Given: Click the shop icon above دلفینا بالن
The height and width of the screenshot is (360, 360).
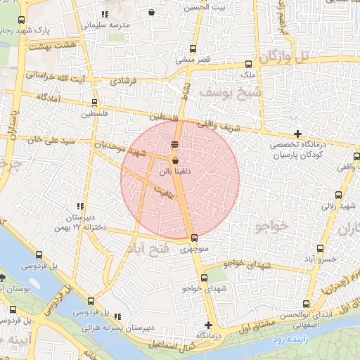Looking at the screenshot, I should click(174, 161).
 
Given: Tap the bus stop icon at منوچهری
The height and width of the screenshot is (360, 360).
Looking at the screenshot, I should click(194, 238).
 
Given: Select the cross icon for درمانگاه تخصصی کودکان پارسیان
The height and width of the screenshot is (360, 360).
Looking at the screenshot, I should click(298, 134).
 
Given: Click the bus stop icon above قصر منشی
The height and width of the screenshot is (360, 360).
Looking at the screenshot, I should click(194, 49).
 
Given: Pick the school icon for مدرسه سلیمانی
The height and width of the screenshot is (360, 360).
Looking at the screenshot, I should click(105, 14).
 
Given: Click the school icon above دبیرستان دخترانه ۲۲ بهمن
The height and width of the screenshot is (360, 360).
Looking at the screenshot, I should click(79, 206).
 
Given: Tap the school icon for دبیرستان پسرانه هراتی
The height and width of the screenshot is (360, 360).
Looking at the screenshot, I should click(117, 316).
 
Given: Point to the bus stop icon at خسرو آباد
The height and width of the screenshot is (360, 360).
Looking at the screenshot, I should click(321, 248).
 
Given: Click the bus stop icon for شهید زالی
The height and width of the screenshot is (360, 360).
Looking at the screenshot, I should click(338, 195).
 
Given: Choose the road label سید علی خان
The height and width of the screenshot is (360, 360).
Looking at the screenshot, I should click(32, 140).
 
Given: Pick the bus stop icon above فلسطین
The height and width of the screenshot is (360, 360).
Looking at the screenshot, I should click(95, 102).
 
